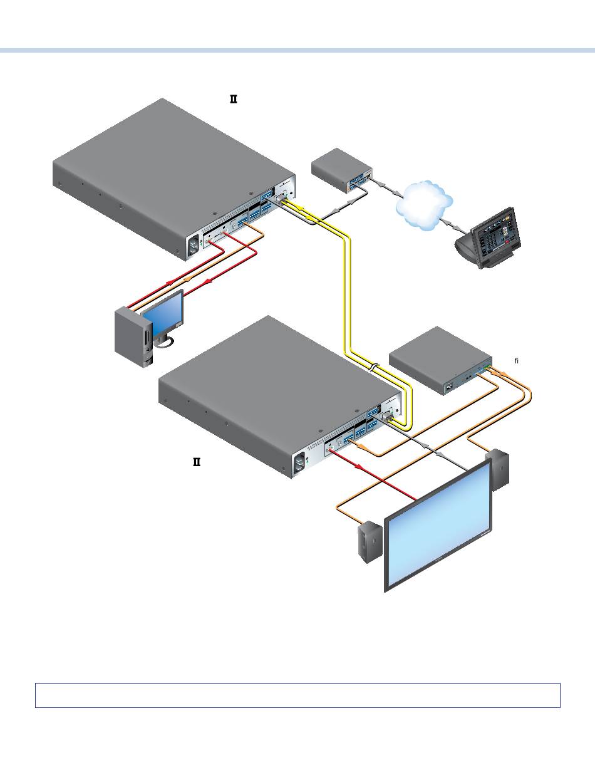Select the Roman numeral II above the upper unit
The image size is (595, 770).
tap(234, 99)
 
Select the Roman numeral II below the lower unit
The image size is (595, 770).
tap(196, 462)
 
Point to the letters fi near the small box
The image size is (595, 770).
tap(517, 361)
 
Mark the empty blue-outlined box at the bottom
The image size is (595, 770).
tap(297, 695)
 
